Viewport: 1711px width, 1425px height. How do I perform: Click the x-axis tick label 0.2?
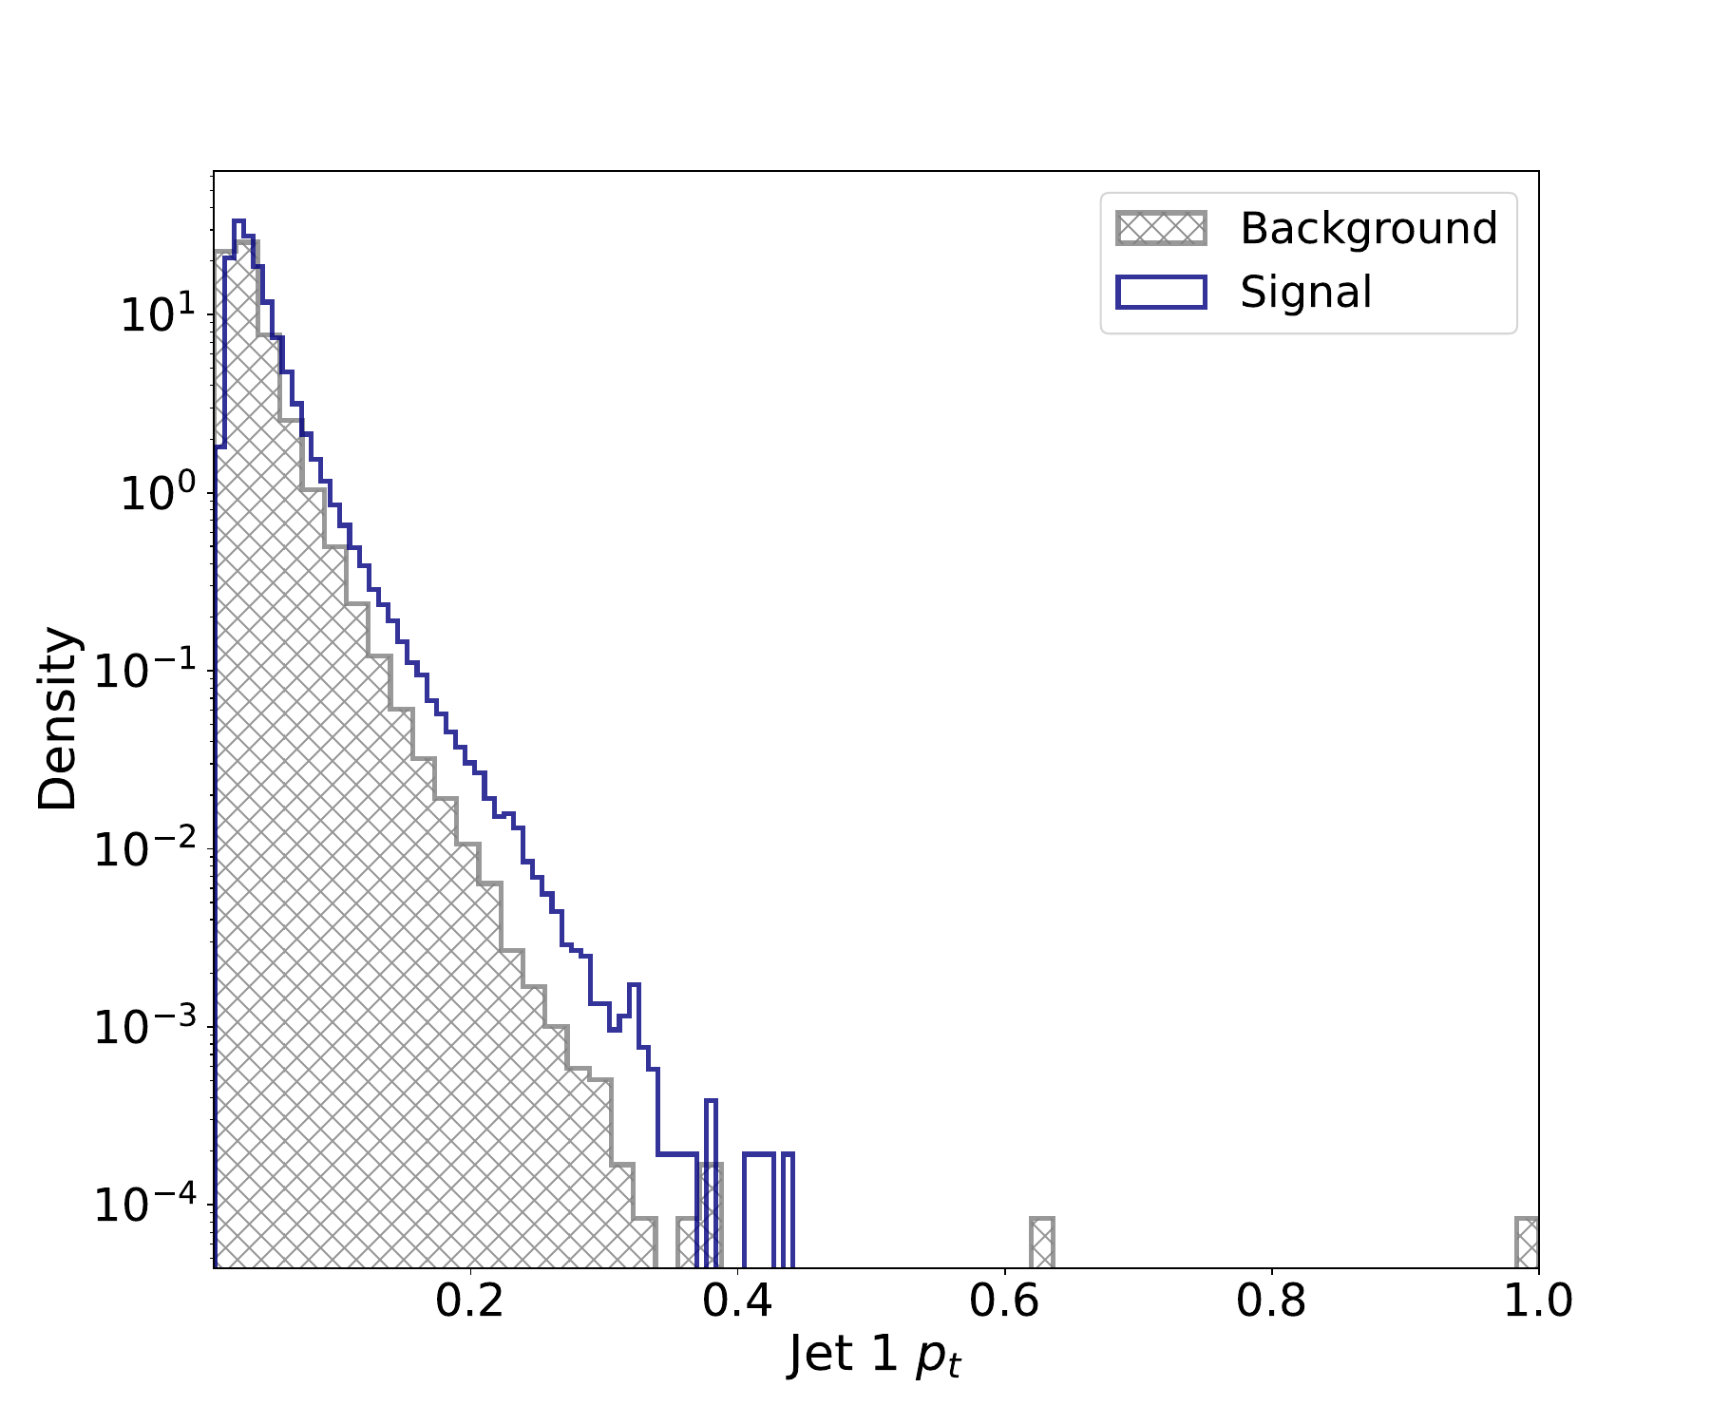click(x=469, y=1301)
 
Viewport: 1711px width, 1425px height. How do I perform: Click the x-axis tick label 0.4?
click(x=737, y=1301)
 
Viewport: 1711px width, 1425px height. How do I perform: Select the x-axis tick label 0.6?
click(x=1004, y=1301)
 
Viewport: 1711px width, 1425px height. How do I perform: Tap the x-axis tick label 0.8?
click(x=1271, y=1301)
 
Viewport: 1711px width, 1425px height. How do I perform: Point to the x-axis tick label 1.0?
click(x=1537, y=1301)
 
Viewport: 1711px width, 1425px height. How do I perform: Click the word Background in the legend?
click(x=1368, y=229)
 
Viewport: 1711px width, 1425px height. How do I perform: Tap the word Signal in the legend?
click(x=1305, y=292)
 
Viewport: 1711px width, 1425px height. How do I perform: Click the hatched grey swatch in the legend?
click(x=1161, y=229)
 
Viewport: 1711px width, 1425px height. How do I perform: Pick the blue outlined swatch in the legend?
click(x=1161, y=292)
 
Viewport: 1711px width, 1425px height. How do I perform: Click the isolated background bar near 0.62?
click(x=1042, y=1243)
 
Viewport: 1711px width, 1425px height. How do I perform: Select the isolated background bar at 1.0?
click(x=1527, y=1243)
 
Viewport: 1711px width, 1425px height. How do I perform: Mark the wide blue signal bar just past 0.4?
click(x=758, y=1211)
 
